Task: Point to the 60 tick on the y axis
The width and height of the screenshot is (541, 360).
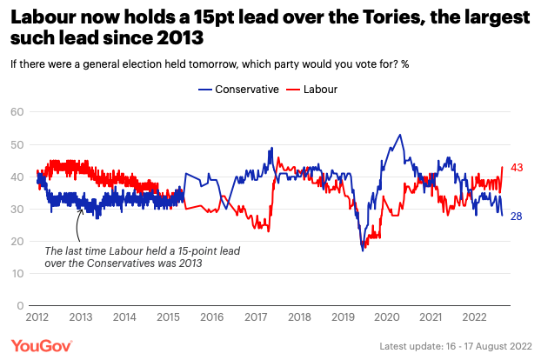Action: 17,111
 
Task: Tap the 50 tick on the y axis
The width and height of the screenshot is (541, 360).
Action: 17,143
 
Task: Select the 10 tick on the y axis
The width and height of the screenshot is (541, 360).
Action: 17,274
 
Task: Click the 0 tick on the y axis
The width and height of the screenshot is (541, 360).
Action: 19,306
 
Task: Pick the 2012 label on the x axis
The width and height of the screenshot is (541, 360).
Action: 36,318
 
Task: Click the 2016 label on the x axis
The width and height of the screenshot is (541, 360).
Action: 211,318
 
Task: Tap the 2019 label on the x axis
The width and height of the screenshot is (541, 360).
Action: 343,318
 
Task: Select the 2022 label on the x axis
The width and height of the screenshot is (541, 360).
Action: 475,318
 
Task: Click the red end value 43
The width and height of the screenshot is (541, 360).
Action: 517,167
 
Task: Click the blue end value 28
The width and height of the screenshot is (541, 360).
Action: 517,216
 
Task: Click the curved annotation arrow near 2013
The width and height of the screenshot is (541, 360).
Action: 77,229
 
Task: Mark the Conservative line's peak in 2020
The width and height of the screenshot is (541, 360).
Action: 399,135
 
